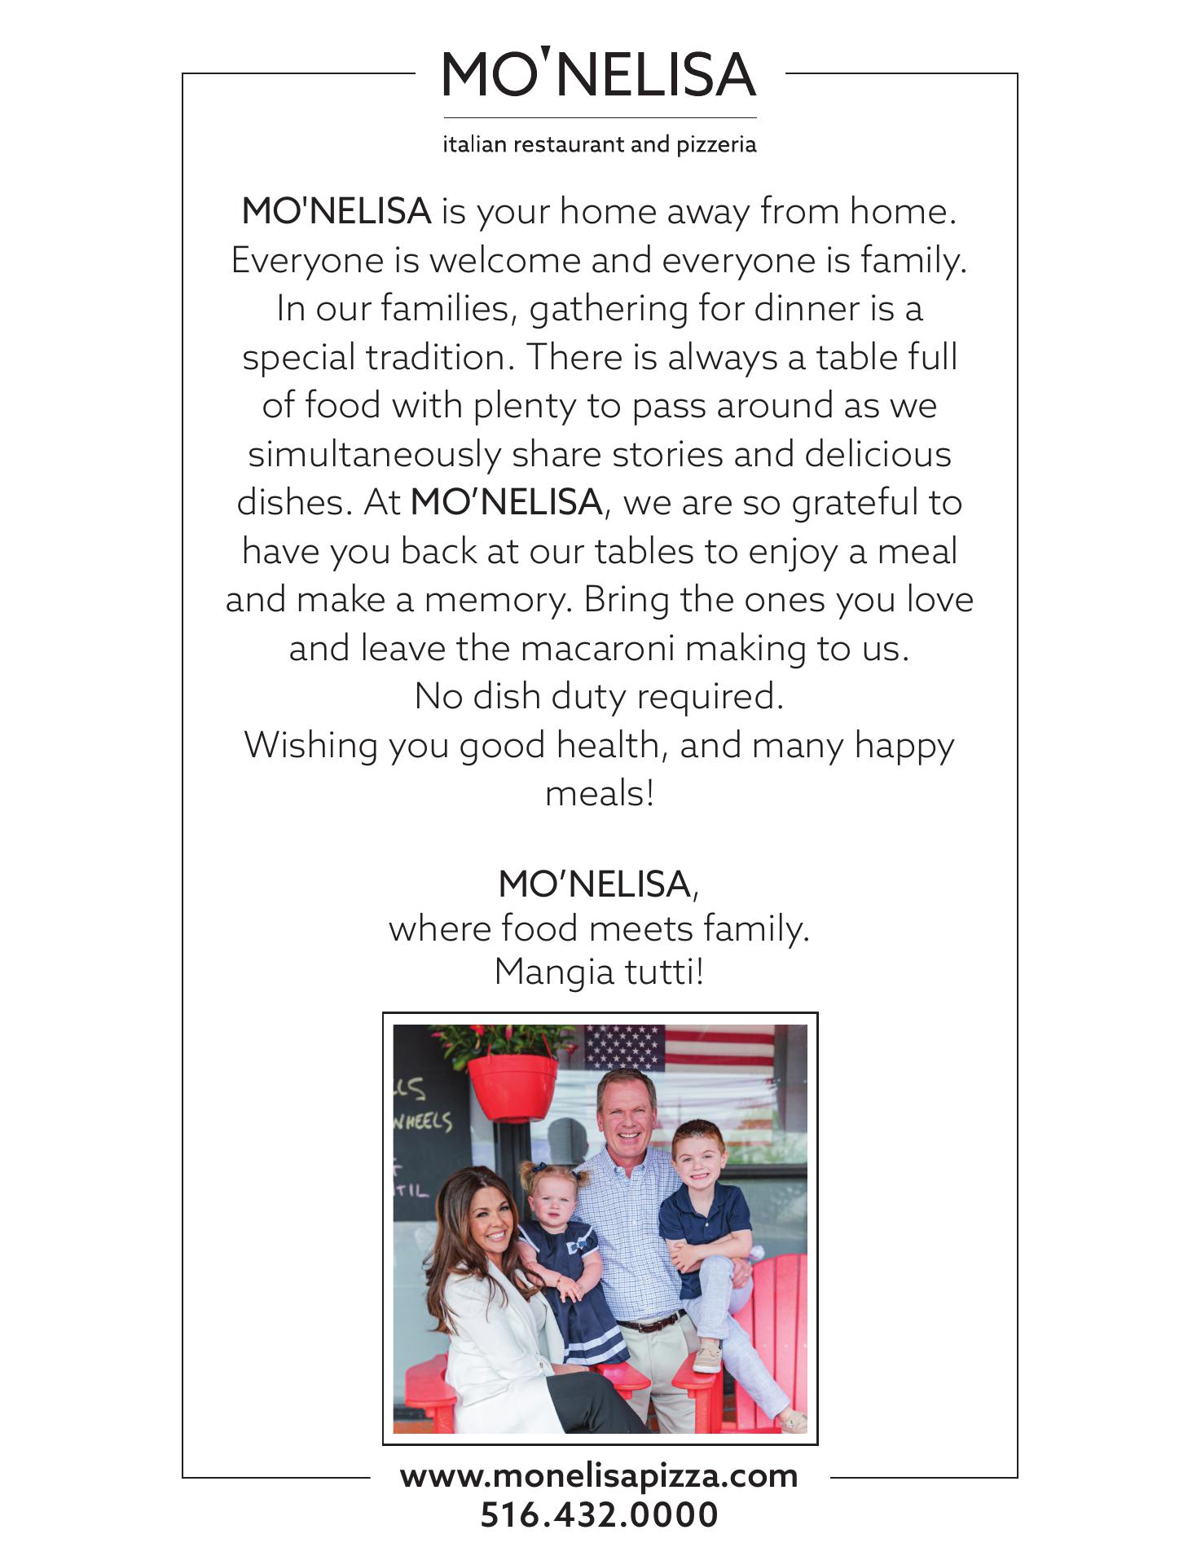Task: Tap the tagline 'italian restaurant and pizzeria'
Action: point(600,145)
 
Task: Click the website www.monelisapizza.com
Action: point(599,1476)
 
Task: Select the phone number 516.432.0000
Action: point(599,1515)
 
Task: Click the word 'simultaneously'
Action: point(374,455)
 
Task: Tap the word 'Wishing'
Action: point(310,746)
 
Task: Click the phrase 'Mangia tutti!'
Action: point(599,972)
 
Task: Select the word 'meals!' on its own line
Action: point(600,793)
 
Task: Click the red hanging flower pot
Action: point(513,1086)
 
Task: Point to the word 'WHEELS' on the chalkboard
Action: point(423,1122)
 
